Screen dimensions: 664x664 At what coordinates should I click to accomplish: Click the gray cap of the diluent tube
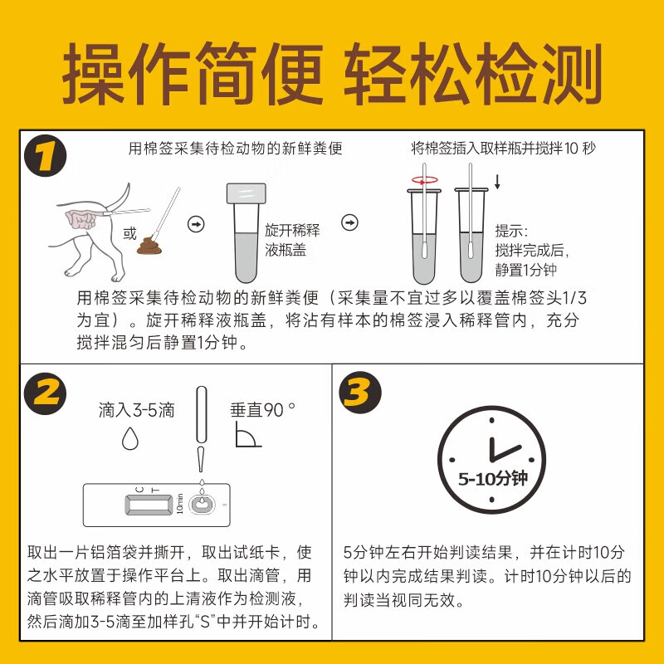(x=246, y=194)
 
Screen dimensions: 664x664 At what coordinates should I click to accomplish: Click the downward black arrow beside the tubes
(x=497, y=181)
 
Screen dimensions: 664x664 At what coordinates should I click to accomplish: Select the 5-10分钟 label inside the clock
(x=493, y=479)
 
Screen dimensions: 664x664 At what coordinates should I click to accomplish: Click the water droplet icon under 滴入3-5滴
(x=129, y=437)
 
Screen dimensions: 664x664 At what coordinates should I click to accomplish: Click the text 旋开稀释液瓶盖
(x=292, y=240)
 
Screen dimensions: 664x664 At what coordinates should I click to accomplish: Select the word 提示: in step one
(x=511, y=231)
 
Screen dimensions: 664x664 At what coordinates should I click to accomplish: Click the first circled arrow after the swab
(x=197, y=223)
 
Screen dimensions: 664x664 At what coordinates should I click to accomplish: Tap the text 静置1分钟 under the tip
(x=525, y=270)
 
